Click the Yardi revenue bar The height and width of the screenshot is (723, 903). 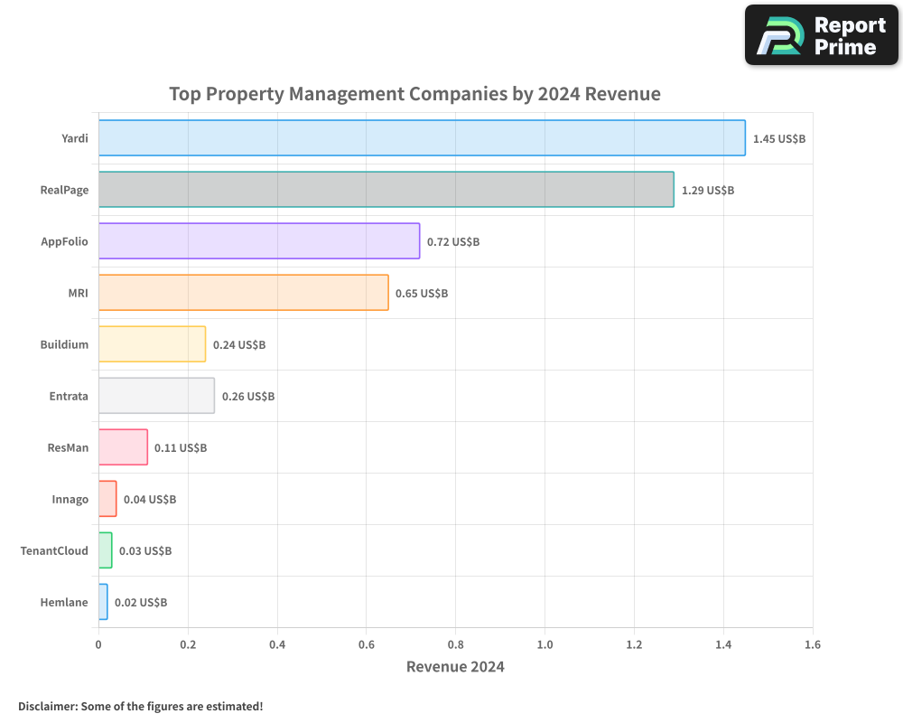[x=422, y=138]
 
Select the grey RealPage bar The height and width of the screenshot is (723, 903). [x=386, y=190]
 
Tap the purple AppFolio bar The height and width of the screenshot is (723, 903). [x=258, y=241]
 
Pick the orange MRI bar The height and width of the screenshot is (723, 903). [x=243, y=293]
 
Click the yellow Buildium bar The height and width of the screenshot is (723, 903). [x=152, y=344]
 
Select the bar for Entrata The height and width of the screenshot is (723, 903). [x=156, y=396]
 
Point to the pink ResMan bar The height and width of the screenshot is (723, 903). [x=123, y=447]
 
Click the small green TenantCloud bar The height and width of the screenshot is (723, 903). [x=106, y=550]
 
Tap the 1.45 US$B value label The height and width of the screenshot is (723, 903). [x=778, y=139]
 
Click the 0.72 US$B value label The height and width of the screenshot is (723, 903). [x=453, y=242]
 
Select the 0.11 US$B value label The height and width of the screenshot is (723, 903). [x=181, y=448]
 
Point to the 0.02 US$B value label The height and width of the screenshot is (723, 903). [x=141, y=603]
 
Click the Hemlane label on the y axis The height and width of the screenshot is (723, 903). [x=64, y=603]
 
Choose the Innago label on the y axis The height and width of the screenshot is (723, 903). [x=70, y=500]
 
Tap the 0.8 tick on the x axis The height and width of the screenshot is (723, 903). [x=455, y=645]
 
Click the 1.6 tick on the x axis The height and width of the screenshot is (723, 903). [x=812, y=645]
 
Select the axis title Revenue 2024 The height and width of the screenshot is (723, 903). [x=455, y=668]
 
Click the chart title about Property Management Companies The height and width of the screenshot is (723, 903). [x=414, y=94]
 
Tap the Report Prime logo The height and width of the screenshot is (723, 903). [x=821, y=35]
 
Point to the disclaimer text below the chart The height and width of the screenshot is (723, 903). [x=140, y=706]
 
